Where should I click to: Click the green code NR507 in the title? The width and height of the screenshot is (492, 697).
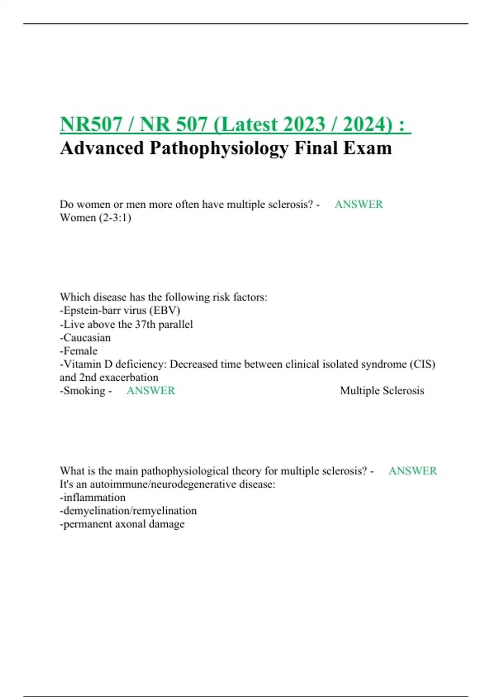click(x=91, y=124)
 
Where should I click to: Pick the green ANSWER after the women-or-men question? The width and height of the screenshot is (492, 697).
click(x=358, y=204)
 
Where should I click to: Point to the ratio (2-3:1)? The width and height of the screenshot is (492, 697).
click(x=114, y=218)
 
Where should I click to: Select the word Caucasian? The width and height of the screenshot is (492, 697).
click(x=87, y=338)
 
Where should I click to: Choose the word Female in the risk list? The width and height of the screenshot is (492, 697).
click(x=80, y=351)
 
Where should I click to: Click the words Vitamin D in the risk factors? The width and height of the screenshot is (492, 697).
click(x=88, y=364)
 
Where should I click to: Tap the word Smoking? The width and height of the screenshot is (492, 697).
click(x=84, y=391)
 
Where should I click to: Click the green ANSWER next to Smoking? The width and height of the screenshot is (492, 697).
click(x=150, y=391)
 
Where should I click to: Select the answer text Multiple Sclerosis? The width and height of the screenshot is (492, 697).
click(x=382, y=391)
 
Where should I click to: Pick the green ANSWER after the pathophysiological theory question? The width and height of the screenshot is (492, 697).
click(x=412, y=471)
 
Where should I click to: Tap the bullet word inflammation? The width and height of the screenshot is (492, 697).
click(x=94, y=498)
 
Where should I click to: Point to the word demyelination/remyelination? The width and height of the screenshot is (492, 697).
click(x=130, y=511)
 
